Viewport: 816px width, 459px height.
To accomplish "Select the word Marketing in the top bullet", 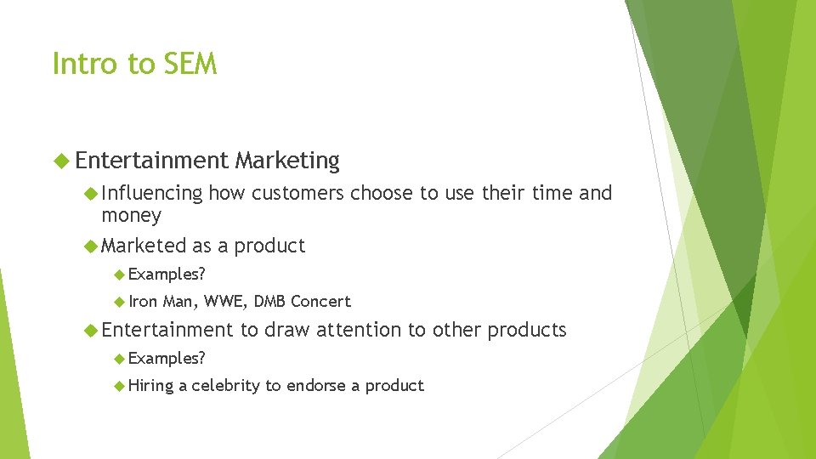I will tap(287, 160).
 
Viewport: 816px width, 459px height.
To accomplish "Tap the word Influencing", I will tap(152, 194).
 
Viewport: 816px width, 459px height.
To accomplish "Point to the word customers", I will tap(297, 194).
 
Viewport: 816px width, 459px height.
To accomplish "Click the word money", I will tap(131, 216).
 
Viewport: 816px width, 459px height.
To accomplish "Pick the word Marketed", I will tap(144, 246).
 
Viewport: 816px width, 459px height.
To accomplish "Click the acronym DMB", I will tap(270, 301).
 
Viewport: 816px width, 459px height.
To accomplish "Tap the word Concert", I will tap(320, 301).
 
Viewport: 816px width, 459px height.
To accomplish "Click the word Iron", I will tap(144, 301).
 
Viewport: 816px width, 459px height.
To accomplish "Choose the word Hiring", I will tap(151, 386).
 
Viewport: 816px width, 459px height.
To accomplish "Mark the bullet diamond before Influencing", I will tap(91, 194).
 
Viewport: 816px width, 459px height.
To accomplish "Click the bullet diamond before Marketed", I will tap(91, 246).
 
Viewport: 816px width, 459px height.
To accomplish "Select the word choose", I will tap(382, 194).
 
